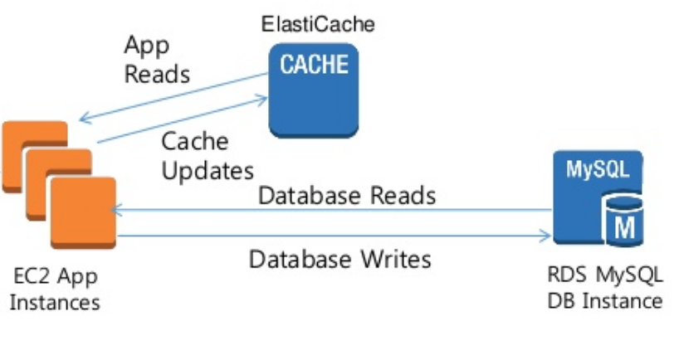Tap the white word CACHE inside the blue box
314,65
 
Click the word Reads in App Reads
157,73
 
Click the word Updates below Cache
207,170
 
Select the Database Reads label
347,196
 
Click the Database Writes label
340,259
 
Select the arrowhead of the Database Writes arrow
545,237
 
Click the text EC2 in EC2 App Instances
32,275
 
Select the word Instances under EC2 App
54,302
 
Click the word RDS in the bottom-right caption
564,275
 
